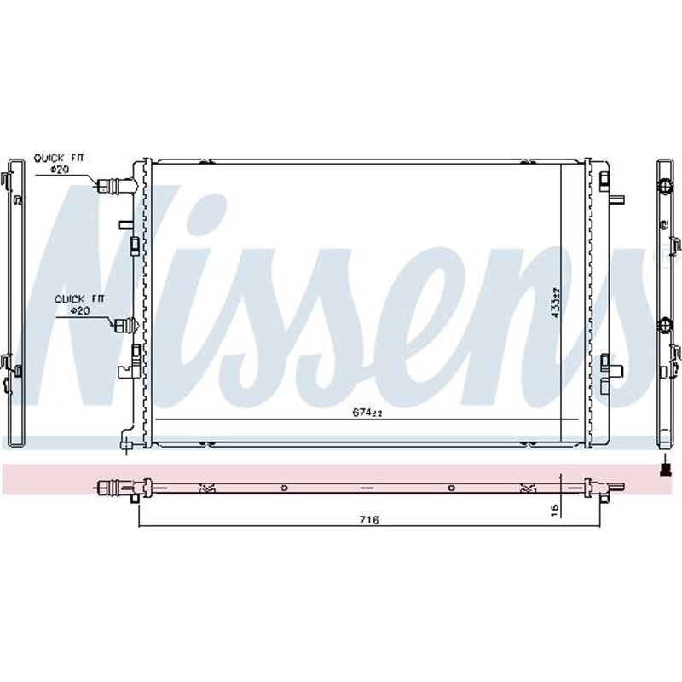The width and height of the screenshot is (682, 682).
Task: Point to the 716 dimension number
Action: [368, 519]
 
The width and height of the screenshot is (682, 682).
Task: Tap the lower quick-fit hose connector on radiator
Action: [124, 325]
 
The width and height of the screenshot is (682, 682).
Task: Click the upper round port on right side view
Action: [665, 186]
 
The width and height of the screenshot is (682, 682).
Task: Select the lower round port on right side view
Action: [665, 325]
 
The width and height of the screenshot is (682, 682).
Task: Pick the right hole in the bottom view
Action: [451, 488]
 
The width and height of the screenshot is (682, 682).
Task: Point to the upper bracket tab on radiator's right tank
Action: [608, 182]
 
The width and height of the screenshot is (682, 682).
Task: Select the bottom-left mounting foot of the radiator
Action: [126, 442]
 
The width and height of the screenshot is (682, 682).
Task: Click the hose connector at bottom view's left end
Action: [109, 487]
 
